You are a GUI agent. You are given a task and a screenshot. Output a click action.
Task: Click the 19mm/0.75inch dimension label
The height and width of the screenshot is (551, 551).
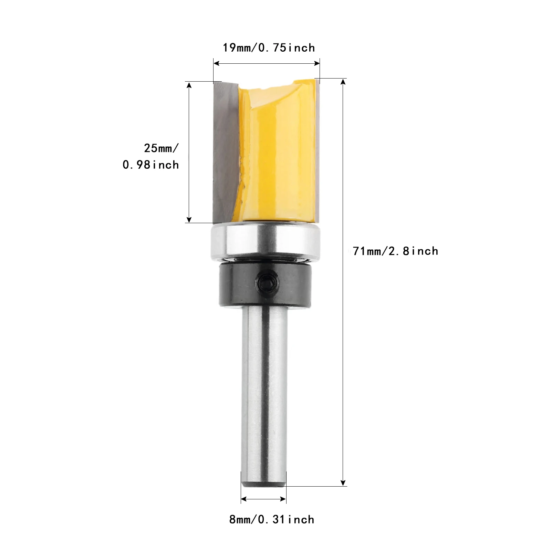tap(269, 48)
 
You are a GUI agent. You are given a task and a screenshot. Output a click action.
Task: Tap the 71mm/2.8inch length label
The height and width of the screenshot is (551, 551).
tap(396, 251)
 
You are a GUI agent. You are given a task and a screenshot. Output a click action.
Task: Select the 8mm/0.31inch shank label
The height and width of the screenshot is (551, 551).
tap(272, 519)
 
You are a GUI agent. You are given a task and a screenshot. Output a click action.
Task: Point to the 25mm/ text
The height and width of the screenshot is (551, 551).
tap(161, 148)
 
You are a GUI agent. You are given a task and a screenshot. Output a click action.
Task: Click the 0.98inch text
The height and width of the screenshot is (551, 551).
tap(151, 165)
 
